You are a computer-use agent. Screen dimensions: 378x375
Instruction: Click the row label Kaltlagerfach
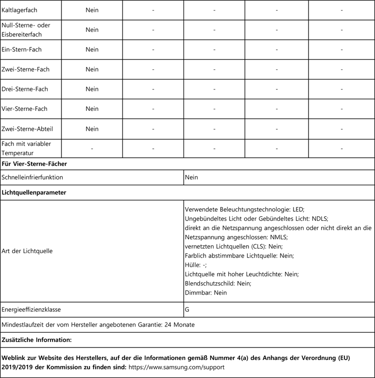click(19, 10)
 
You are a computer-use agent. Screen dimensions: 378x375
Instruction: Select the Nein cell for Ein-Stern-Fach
click(92, 49)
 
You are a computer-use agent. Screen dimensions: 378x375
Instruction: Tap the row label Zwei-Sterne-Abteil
click(27, 129)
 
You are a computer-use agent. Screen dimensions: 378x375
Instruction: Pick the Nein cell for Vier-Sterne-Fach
click(92, 109)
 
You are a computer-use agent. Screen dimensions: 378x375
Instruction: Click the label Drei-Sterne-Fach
click(25, 89)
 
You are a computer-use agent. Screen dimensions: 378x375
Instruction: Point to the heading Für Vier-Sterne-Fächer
click(34, 164)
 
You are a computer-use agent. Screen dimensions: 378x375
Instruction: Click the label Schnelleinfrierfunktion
click(32, 177)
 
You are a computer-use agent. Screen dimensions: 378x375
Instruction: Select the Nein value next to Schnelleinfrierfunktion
click(191, 177)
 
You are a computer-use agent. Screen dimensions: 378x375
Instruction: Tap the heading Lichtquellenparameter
click(34, 192)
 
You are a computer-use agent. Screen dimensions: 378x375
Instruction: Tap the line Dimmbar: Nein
click(206, 293)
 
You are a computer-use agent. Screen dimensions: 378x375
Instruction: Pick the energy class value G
click(187, 310)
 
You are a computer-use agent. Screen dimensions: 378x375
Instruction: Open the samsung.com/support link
click(177, 367)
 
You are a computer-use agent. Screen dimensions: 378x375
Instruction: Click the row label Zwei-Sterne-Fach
click(25, 69)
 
